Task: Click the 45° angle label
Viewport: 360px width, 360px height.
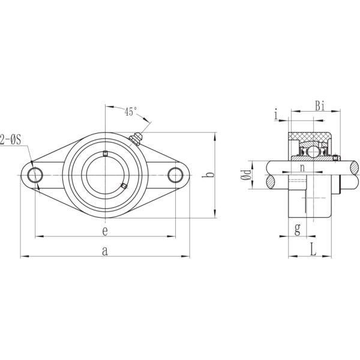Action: [131, 112]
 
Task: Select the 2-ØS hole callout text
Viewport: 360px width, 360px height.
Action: [11, 139]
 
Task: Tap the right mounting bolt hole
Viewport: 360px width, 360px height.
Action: [175, 175]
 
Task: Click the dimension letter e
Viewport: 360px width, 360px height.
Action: [105, 230]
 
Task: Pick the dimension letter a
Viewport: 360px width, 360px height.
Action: [105, 252]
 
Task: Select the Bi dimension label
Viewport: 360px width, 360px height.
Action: [320, 106]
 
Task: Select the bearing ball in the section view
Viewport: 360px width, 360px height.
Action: [312, 151]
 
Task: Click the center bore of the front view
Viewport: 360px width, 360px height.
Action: [106, 175]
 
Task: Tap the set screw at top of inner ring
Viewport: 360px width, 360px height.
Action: [106, 154]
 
